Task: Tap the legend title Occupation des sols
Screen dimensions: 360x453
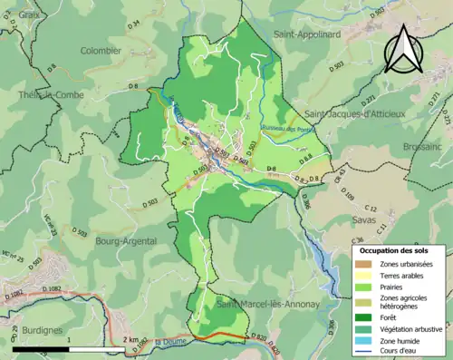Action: [399, 249]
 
